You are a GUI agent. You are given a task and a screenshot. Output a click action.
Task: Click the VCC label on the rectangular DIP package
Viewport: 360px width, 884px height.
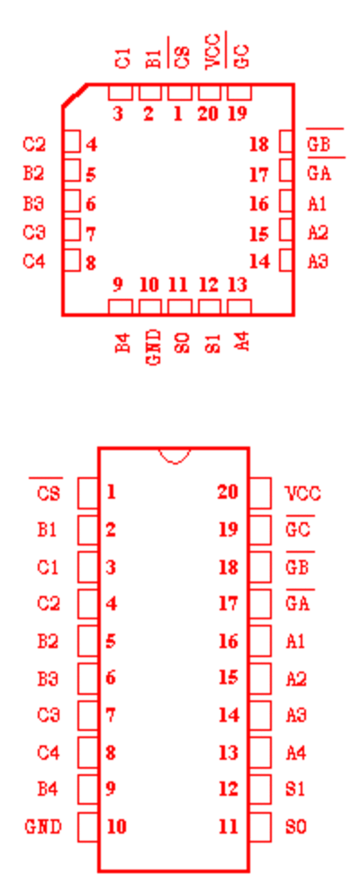pos(303,494)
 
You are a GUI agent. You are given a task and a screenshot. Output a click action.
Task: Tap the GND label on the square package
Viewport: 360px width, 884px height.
pos(153,347)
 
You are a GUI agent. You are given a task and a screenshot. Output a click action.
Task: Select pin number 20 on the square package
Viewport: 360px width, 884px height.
pos(208,113)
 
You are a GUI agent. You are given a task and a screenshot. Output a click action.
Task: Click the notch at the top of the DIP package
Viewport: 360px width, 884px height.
pos(175,456)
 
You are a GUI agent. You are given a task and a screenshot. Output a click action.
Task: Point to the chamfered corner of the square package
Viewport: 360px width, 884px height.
pos(75,95)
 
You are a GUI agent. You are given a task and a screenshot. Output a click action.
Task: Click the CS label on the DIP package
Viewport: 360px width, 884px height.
pos(49,494)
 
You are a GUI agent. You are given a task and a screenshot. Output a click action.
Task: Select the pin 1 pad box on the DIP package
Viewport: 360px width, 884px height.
pos(88,492)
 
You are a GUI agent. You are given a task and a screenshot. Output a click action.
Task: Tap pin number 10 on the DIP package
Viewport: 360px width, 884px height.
pos(117,826)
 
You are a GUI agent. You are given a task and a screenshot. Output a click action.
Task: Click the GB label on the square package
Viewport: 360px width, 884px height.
pos(319,144)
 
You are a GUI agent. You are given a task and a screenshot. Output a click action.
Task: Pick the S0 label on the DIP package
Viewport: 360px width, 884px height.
pos(296,827)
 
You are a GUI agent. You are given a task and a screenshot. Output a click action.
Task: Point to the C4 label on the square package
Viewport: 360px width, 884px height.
pos(34,262)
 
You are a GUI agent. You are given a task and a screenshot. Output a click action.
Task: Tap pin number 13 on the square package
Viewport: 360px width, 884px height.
pos(238,284)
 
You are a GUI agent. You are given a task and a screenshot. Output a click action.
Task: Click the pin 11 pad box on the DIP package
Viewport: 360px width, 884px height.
pos(260,826)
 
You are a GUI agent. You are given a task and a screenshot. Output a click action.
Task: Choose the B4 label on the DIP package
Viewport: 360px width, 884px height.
pos(48,789)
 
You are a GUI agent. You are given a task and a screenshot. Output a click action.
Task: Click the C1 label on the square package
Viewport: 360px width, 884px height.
pos(122,59)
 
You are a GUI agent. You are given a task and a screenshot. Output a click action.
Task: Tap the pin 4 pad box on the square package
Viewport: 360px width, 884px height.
pos(71,141)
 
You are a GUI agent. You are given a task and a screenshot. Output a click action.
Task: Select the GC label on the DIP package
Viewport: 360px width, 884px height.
pos(298,530)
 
